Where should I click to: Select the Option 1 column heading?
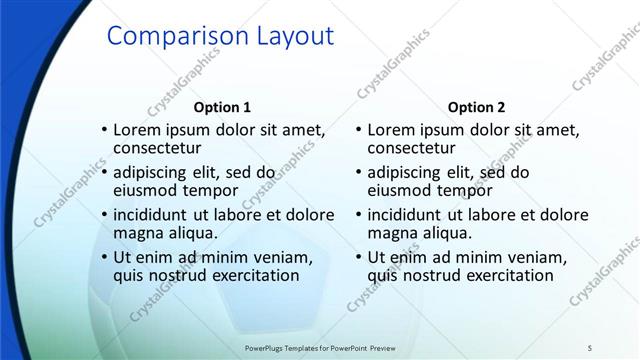pos(222,107)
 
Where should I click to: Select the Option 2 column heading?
pos(477,107)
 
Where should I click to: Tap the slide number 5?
pos(590,347)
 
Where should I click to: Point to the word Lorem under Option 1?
pos(137,130)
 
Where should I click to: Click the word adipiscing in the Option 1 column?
pos(154,172)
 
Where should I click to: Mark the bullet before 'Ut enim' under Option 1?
pos(104,258)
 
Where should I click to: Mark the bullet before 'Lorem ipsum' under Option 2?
pos(358,130)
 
